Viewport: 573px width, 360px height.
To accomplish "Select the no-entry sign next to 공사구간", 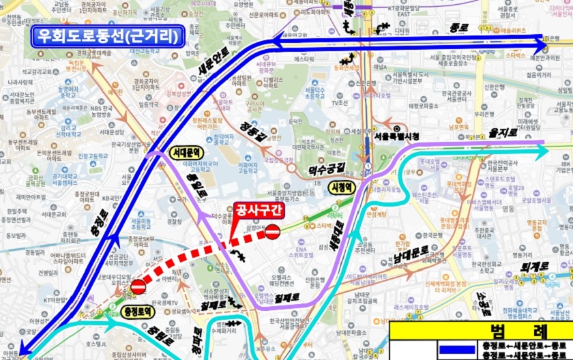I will point(272,232).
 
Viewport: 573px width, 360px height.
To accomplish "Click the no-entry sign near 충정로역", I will point(137,287).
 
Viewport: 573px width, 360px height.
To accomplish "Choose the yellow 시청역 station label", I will point(340,185).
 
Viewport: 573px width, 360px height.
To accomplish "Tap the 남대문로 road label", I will point(411,254).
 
